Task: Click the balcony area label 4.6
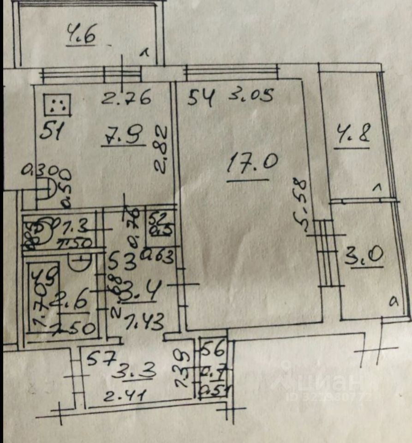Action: point(81,35)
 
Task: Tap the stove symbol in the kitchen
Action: point(58,105)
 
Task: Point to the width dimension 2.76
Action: point(126,98)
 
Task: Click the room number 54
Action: point(202,98)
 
